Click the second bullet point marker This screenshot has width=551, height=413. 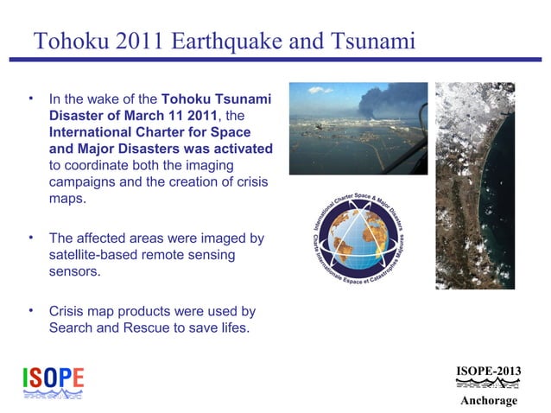30,237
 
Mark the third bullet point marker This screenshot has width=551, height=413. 30,309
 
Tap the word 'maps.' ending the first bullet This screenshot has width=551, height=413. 67,198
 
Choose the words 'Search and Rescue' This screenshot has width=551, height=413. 104,327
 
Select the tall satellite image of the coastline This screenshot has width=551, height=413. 474,185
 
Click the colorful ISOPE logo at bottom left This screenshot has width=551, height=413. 53,381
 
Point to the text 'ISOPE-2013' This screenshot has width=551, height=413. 488,372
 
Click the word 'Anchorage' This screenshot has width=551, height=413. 488,400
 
